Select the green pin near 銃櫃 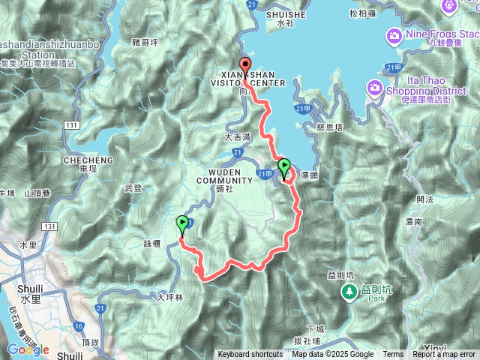[x=182, y=223]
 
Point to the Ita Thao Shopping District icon [x=374, y=89]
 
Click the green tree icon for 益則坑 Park [x=349, y=291]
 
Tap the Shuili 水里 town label [x=28, y=277]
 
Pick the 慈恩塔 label [x=330, y=127]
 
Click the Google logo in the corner [x=28, y=349]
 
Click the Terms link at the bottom [x=393, y=355]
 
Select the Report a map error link [x=445, y=355]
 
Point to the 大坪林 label [x=169, y=298]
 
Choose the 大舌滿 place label [x=237, y=138]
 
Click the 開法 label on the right [x=424, y=199]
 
